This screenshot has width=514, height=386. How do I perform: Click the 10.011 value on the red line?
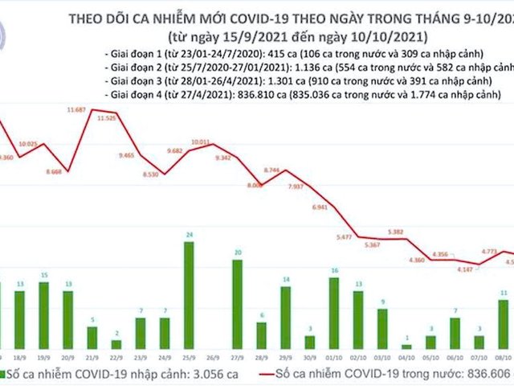200,142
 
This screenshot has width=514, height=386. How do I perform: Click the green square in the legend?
6,374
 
